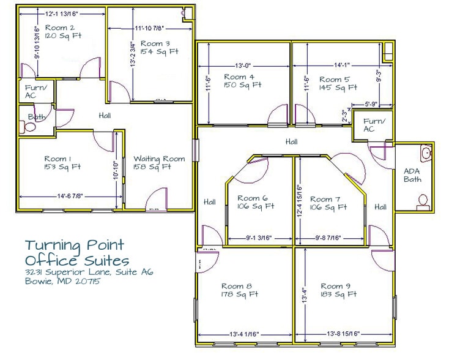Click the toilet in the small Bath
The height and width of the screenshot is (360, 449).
[28, 127]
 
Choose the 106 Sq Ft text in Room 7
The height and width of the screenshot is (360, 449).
[325, 207]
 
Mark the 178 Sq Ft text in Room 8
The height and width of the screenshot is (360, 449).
[234, 294]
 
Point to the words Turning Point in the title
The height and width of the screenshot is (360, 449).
[75, 246]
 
